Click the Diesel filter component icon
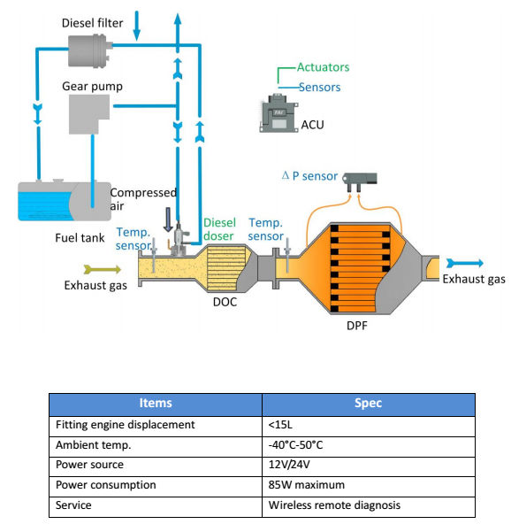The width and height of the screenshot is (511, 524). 89,51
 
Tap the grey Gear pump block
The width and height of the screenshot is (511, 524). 89,114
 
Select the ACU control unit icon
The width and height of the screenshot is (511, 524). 278,113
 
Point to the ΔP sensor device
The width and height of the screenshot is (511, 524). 360,181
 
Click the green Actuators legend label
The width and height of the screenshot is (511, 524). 323,67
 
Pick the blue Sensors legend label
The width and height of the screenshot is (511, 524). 319,88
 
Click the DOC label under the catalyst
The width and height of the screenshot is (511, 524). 225,302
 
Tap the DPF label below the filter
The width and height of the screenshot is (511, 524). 357,326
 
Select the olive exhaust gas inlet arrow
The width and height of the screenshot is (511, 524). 103,269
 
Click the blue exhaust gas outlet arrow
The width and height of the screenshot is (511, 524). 465,264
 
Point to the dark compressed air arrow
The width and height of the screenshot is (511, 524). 168,220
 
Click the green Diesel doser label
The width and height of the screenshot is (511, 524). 219,229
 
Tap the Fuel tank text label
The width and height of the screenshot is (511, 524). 80,238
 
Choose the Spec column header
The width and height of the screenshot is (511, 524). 368,403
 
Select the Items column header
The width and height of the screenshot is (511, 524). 156,403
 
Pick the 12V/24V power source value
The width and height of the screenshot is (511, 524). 289,465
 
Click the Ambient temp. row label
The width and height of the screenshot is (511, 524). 94,445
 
